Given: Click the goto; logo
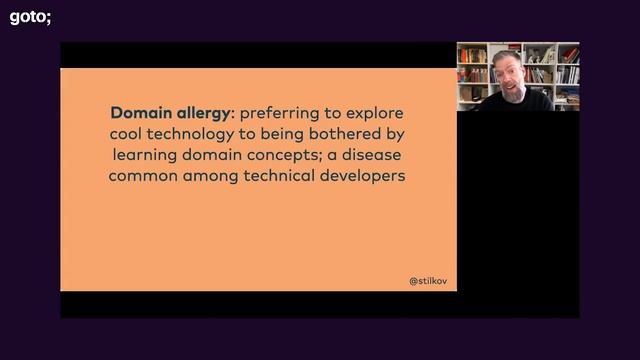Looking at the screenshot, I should coord(30,16).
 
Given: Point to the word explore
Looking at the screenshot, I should coord(372,112).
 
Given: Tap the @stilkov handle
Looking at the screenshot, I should coord(428,281).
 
